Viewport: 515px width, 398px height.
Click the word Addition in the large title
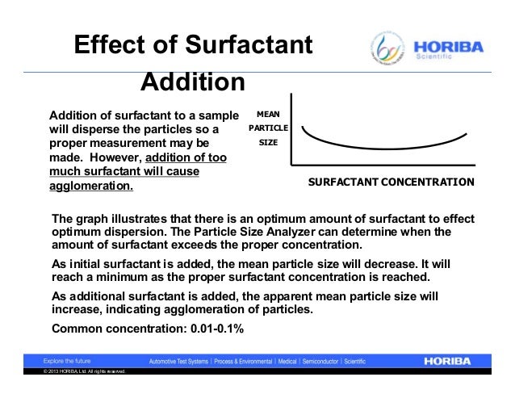193,82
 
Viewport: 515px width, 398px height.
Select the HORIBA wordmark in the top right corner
449,47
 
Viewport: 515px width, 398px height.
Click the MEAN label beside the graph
268,115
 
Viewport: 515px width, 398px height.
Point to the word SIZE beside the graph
268,142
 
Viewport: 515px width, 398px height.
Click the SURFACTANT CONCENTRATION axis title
391,182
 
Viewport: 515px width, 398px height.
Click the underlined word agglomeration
91,186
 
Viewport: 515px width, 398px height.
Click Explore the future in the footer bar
65,361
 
